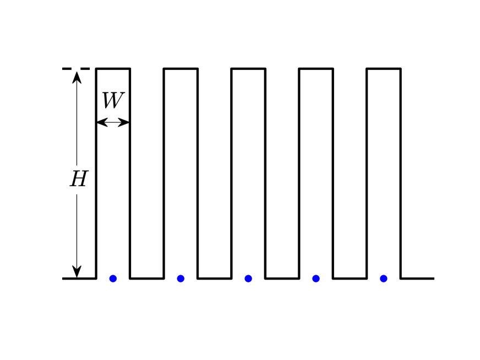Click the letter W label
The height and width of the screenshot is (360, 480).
pos(113,101)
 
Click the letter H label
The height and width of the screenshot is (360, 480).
pos(79,179)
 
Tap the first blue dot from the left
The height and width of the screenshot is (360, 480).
pos(113,279)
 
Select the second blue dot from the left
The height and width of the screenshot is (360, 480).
pos(181,279)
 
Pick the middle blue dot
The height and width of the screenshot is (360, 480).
pos(248,279)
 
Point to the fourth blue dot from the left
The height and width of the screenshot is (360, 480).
pos(316,279)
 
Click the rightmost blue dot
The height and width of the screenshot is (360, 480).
pos(384,279)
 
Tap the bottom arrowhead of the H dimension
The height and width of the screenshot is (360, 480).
pos(77,271)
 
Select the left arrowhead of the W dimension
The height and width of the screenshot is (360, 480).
pos(101,122)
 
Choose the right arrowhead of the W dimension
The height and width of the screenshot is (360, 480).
pos(124,122)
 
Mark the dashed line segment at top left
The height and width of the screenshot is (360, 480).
pos(76,69)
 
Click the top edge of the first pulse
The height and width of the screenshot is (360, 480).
pos(113,69)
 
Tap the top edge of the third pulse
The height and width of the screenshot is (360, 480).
pos(248,69)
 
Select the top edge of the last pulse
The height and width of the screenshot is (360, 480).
pos(384,69)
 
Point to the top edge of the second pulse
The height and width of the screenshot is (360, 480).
pos(181,69)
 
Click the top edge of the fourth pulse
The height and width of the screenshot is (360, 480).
pos(316,69)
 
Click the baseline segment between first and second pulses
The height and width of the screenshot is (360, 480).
pos(147,279)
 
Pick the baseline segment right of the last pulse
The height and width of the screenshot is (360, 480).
pos(417,279)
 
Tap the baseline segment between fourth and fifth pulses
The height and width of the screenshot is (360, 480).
pos(350,279)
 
